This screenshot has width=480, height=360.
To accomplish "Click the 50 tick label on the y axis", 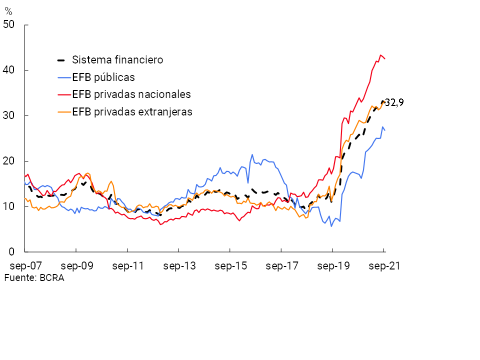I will (x=9, y=24).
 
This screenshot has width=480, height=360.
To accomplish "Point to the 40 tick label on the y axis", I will (x=9, y=70).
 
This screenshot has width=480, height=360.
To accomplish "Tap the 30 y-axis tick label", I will (x=9, y=115).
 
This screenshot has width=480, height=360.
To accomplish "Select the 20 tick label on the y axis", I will (x=9, y=161).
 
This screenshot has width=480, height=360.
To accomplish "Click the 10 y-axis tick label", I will (x=9, y=206).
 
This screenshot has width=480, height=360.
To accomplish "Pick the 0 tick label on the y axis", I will (x=12, y=252).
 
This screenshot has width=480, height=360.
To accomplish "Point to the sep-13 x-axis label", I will (x=179, y=266).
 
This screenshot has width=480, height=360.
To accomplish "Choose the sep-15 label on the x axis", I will (x=230, y=266).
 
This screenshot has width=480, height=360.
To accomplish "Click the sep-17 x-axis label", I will (x=281, y=266).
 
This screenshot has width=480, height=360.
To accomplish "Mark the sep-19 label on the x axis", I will (x=333, y=266).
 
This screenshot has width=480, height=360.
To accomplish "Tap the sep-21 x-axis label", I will (x=384, y=266).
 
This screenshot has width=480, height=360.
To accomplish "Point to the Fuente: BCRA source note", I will (x=34, y=278).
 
